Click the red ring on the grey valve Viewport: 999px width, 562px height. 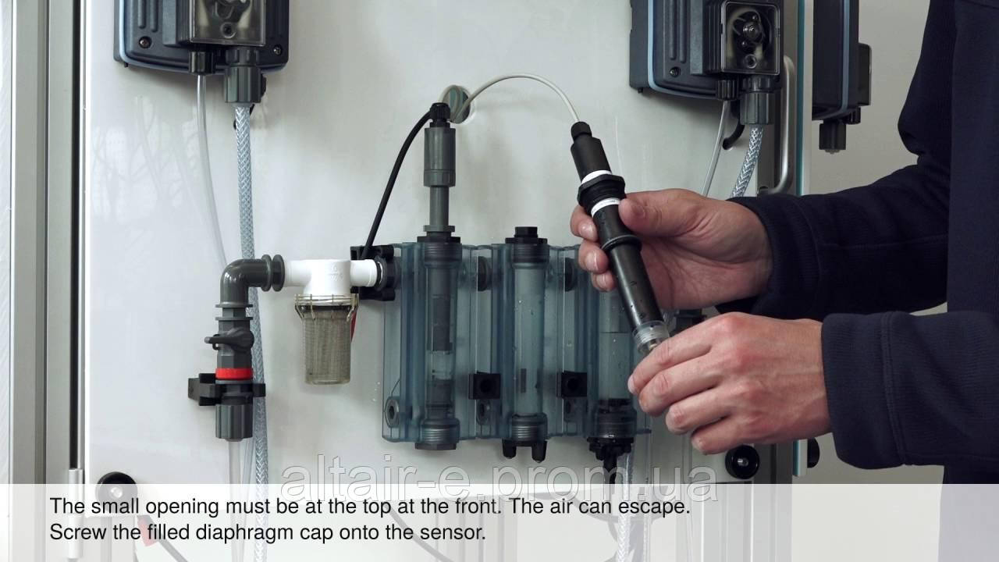[233, 374]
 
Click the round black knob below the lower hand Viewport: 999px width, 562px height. [741, 461]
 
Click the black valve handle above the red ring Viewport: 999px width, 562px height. [230, 340]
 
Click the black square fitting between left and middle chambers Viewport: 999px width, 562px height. [485, 386]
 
